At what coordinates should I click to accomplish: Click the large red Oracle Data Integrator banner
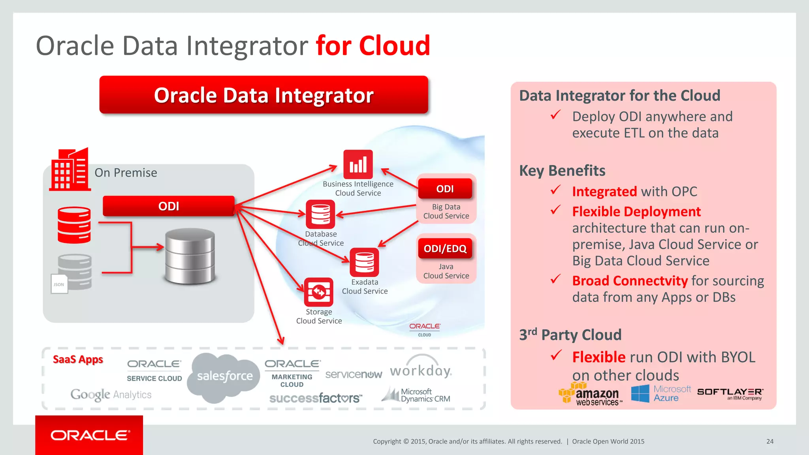(x=263, y=95)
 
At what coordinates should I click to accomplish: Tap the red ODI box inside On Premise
(x=169, y=206)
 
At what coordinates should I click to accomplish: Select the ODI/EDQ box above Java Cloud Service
(x=445, y=248)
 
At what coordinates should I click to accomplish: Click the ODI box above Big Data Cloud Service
(x=445, y=189)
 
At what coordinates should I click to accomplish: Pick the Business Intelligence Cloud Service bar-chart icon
(x=358, y=164)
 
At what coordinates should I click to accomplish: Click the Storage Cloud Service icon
(x=318, y=292)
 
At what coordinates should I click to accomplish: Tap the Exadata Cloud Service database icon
(x=364, y=262)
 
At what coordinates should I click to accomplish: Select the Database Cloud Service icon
(x=320, y=214)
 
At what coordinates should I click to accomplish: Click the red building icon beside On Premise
(x=70, y=170)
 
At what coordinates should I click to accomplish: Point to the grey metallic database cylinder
(x=190, y=256)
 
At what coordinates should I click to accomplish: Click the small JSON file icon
(x=59, y=284)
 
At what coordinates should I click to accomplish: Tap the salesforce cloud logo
(x=224, y=377)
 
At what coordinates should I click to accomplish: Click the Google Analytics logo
(x=111, y=395)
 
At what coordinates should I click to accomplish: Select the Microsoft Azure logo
(x=661, y=393)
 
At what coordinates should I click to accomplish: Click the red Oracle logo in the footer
(x=89, y=435)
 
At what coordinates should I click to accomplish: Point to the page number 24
(x=770, y=442)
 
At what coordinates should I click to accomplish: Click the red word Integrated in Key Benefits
(x=604, y=192)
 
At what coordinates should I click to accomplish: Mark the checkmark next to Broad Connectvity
(x=555, y=279)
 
